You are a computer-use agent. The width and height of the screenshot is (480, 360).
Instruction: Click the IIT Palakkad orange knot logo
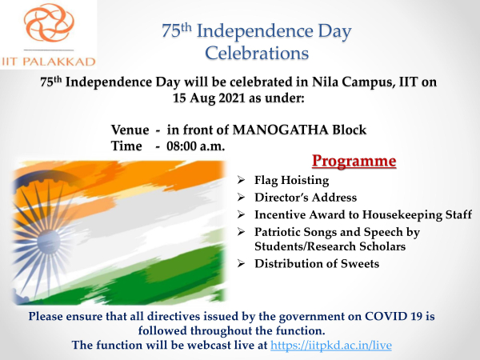[49, 22]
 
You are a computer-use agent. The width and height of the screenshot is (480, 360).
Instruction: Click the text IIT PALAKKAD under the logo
[49, 62]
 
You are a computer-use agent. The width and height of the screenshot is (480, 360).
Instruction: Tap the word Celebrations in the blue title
[257, 53]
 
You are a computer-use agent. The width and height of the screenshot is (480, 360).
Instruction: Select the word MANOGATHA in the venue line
[281, 130]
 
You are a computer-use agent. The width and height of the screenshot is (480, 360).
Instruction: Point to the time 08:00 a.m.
[196, 146]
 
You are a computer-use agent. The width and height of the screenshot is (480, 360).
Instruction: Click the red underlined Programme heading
[354, 162]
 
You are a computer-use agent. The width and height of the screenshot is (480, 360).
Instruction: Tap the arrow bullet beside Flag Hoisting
[241, 180]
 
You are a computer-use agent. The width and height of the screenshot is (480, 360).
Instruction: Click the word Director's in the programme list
[283, 198]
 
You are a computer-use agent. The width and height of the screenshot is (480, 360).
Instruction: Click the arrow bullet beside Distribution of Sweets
[241, 263]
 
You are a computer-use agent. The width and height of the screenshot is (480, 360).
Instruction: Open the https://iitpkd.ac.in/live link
[331, 346]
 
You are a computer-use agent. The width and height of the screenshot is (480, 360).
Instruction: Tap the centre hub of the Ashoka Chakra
[48, 242]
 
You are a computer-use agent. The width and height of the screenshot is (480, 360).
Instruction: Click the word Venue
[130, 130]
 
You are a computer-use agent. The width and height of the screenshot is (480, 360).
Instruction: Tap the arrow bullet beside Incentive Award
[241, 214]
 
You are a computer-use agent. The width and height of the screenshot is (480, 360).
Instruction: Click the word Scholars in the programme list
[382, 246]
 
